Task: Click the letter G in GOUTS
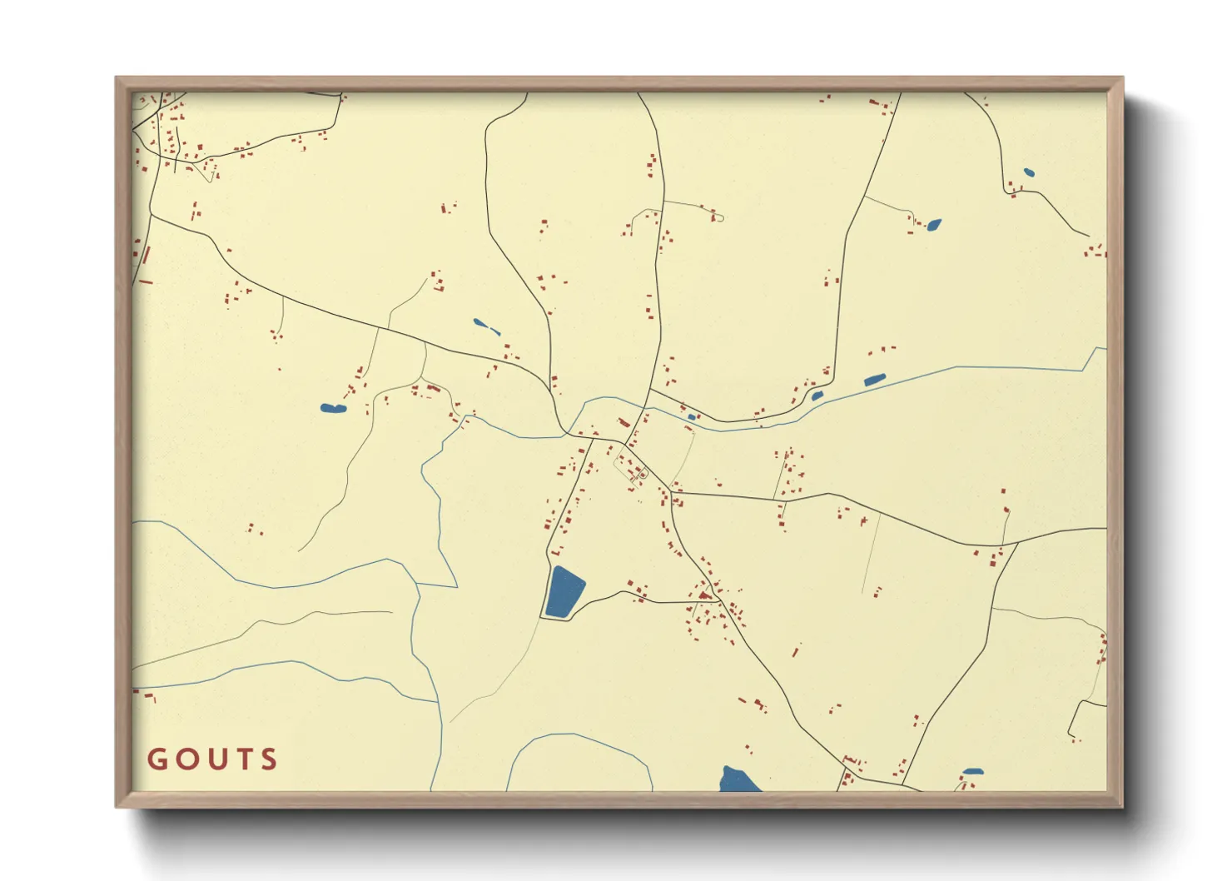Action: pos(156,759)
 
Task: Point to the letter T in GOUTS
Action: pos(241,759)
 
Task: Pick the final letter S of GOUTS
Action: pos(268,759)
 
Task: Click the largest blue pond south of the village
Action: pos(564,592)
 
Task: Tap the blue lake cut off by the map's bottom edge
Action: pos(738,780)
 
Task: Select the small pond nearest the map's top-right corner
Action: pos(1029,173)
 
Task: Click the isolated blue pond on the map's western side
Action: pos(332,408)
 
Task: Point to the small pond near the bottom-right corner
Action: pos(972,772)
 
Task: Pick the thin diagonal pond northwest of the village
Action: pos(486,326)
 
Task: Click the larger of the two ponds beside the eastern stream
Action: pos(874,380)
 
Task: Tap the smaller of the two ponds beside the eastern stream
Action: pos(817,396)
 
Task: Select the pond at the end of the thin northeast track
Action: pos(934,224)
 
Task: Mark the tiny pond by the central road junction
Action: pos(692,417)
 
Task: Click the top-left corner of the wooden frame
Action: pos(117,78)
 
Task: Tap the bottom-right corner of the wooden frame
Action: pos(1122,806)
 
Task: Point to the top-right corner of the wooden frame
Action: pos(1122,78)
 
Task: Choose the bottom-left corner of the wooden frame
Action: pos(117,806)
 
